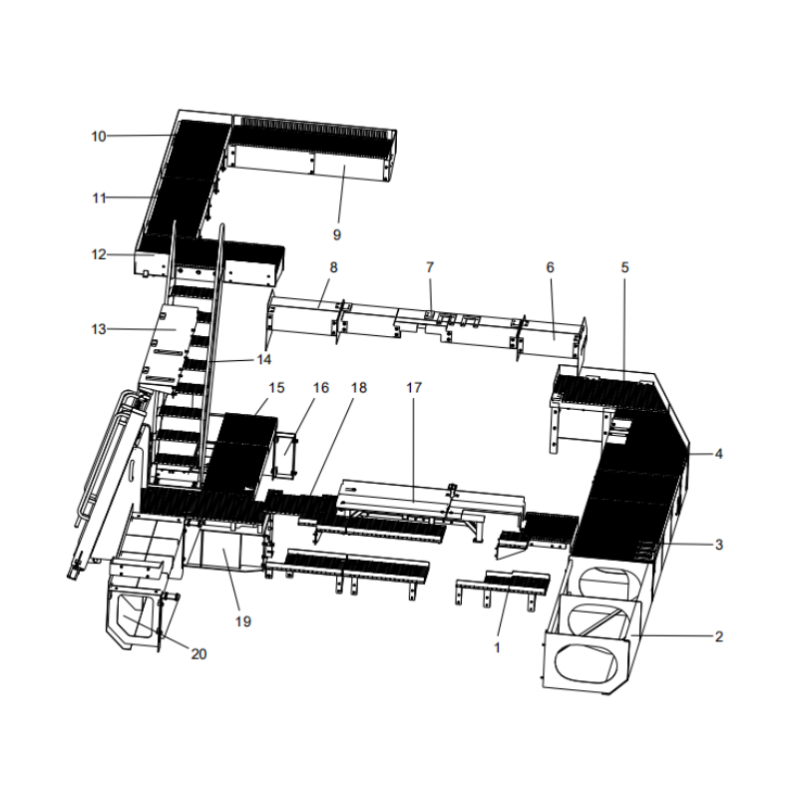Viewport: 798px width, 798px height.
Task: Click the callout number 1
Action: (x=497, y=646)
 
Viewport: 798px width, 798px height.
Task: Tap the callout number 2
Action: (x=719, y=635)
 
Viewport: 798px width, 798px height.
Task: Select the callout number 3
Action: (x=719, y=545)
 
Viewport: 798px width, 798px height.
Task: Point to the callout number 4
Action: (x=719, y=454)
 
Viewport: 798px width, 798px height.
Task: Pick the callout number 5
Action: (x=625, y=267)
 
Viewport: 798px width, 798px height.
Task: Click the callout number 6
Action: (x=550, y=267)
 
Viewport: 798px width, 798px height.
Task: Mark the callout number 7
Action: (x=430, y=267)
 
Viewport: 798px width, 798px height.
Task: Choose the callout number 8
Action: (x=333, y=267)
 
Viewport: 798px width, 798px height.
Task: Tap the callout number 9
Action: (x=336, y=234)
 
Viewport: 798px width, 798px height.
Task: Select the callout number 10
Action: (x=98, y=136)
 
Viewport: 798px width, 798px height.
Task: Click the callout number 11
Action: (x=98, y=199)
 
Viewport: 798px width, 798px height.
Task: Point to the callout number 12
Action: (x=98, y=254)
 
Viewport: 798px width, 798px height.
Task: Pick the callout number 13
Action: (x=98, y=329)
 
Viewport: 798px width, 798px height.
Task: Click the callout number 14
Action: (x=263, y=358)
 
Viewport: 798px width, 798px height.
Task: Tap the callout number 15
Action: (x=276, y=387)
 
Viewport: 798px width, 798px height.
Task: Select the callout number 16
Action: (x=320, y=387)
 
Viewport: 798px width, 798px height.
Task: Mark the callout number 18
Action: (x=358, y=387)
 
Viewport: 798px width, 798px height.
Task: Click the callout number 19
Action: (x=242, y=621)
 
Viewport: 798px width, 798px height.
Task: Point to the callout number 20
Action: (x=199, y=654)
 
